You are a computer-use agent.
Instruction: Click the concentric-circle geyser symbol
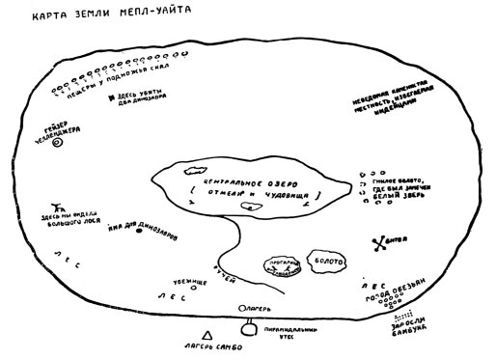[57, 142]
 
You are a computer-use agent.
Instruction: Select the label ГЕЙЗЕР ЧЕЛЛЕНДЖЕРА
[66, 127]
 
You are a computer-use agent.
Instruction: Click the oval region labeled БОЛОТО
[325, 261]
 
